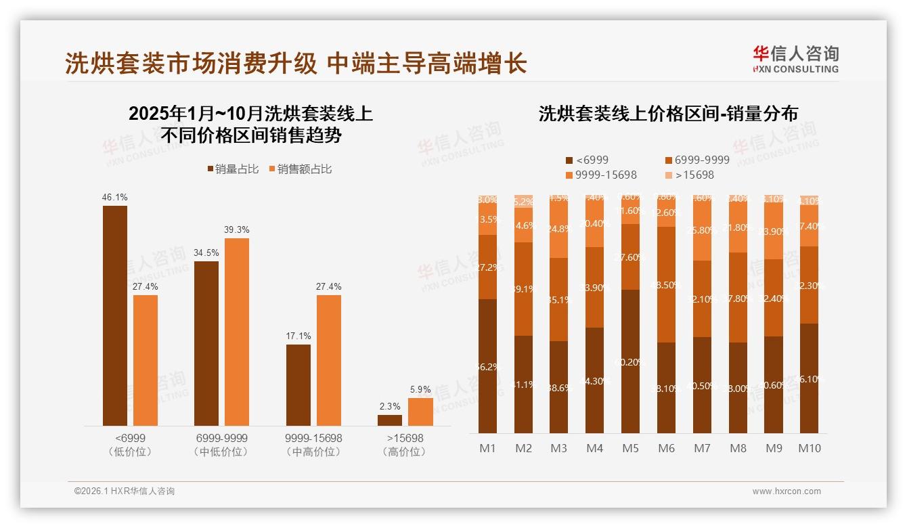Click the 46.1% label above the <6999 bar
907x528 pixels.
(114, 197)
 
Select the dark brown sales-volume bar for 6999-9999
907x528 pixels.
(206, 343)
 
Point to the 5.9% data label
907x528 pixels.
(420, 389)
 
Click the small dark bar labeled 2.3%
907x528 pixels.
(390, 420)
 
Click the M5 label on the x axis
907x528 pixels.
(630, 448)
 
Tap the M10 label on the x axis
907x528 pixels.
(810, 448)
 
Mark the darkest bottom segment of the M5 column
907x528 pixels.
(630, 361)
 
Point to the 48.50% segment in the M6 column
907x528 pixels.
(666, 284)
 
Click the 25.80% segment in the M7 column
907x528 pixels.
(702, 230)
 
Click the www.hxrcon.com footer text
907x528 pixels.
(787, 491)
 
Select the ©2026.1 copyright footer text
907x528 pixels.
(125, 491)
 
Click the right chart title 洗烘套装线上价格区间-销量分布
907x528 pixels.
(668, 114)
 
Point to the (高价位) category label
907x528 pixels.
(404, 452)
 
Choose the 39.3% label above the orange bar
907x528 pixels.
(236, 229)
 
